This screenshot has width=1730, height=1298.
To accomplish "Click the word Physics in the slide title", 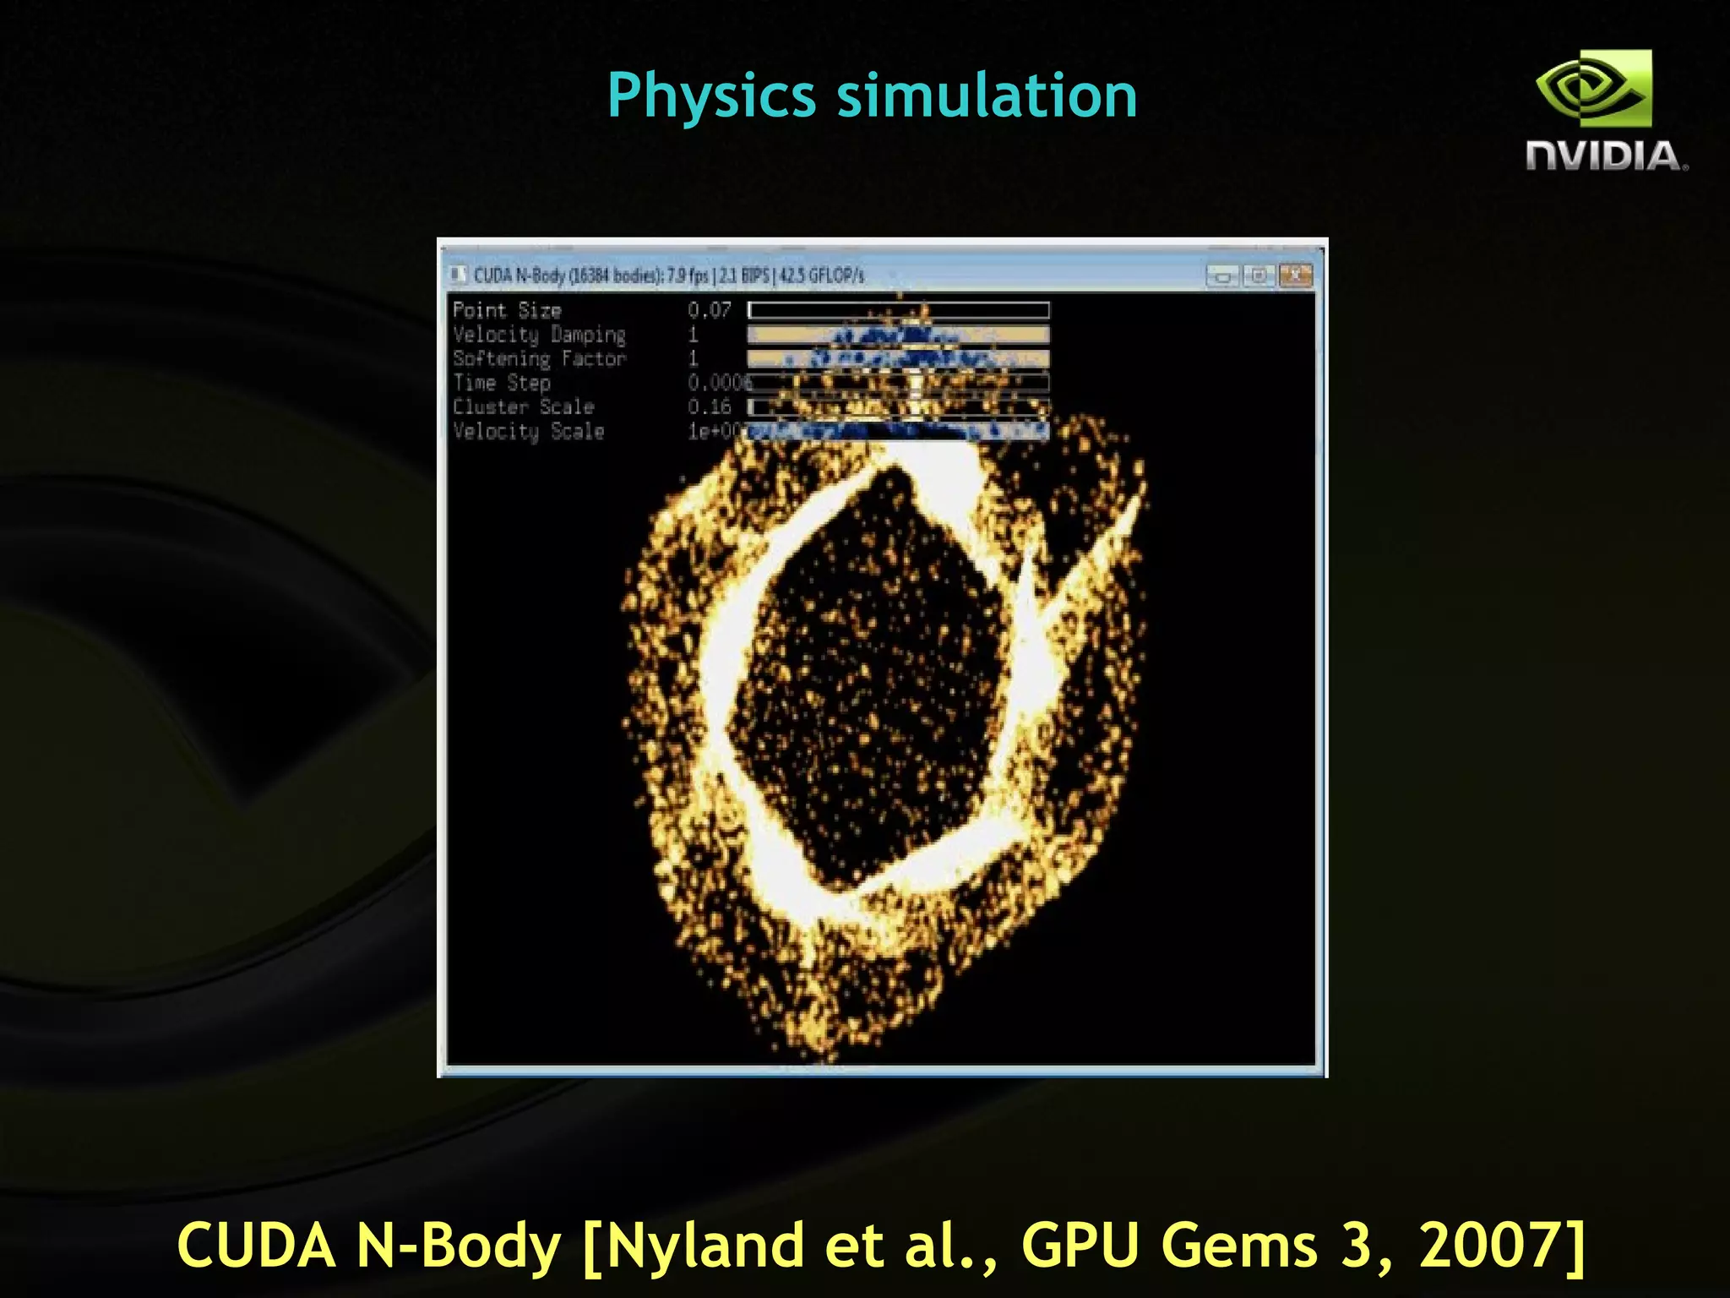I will [710, 95].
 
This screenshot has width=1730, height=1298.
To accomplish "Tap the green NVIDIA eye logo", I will [1593, 89].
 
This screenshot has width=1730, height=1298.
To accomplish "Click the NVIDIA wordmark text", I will [1605, 156].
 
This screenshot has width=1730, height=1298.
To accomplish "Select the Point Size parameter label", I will [507, 310].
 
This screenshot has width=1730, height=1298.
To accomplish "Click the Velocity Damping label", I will [539, 335].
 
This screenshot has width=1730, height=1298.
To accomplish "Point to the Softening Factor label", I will [539, 359].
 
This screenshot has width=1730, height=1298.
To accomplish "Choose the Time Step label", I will [502, 383].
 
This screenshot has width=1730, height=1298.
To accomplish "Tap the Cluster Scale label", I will [524, 407].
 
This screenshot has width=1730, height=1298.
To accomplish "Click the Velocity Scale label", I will [529, 432].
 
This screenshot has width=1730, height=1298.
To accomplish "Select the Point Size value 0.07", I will [709, 310].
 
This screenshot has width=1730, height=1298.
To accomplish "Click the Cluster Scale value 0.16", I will [709, 407].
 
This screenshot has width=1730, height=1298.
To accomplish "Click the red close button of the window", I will [1295, 275].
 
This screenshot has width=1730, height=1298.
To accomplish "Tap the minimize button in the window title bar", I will [1221, 275].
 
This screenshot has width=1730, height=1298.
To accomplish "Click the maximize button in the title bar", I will [1259, 275].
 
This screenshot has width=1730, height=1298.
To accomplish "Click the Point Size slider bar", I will [898, 310].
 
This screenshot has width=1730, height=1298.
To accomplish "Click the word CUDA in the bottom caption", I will [257, 1246].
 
